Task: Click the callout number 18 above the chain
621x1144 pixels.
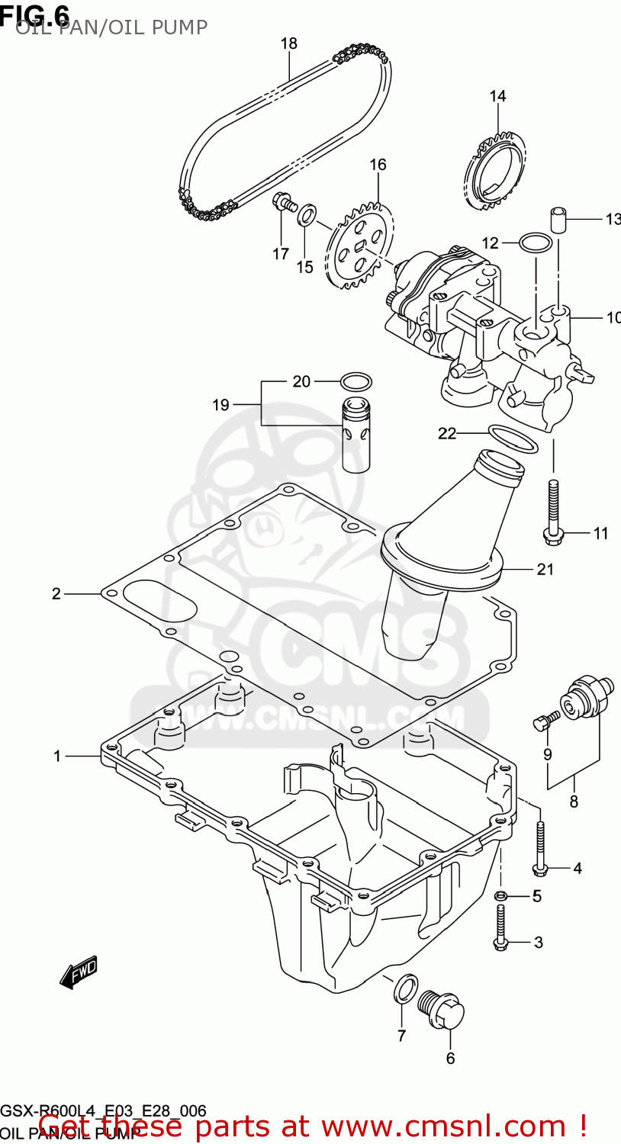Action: pyautogui.click(x=288, y=43)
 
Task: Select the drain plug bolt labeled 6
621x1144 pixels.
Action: pyautogui.click(x=442, y=1010)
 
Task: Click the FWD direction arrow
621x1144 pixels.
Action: pyautogui.click(x=79, y=972)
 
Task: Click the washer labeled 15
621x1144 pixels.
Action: pyautogui.click(x=305, y=214)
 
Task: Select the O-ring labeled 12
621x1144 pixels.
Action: pyautogui.click(x=536, y=243)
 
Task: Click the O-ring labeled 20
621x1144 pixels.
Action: pyautogui.click(x=355, y=381)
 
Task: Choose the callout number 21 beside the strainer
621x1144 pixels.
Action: pyautogui.click(x=545, y=569)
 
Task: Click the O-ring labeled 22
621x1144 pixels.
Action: pyautogui.click(x=513, y=439)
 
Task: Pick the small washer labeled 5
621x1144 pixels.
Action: pyautogui.click(x=501, y=895)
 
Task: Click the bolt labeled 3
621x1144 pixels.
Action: pyautogui.click(x=500, y=927)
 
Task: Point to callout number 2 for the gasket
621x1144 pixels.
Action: pyautogui.click(x=56, y=593)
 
